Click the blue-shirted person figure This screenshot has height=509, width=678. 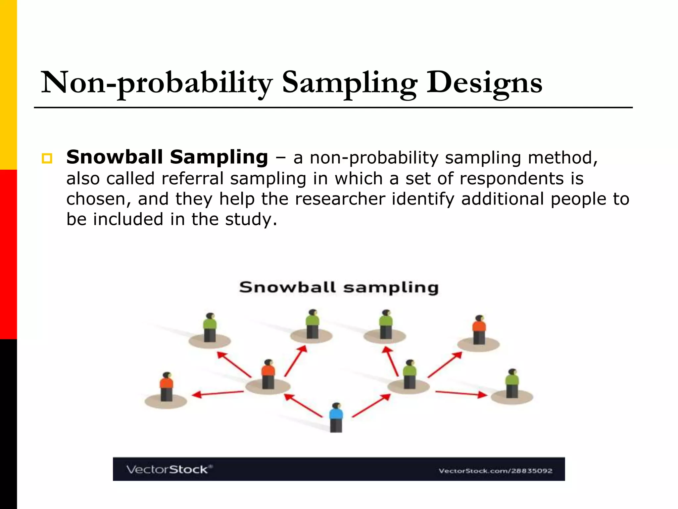(x=336, y=417)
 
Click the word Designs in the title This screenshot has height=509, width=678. (x=484, y=83)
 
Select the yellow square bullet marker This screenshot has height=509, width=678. (x=47, y=158)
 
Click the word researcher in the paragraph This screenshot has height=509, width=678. (x=340, y=199)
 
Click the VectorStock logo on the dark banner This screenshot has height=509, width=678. (x=169, y=469)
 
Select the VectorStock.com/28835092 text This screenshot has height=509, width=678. (x=495, y=471)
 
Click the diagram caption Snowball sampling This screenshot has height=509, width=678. (x=339, y=287)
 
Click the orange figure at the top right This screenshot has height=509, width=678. (x=479, y=329)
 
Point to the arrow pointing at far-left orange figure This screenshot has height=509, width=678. (x=218, y=393)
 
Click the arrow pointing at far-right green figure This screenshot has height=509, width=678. (x=461, y=393)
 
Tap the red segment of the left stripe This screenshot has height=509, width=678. (x=8, y=254)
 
